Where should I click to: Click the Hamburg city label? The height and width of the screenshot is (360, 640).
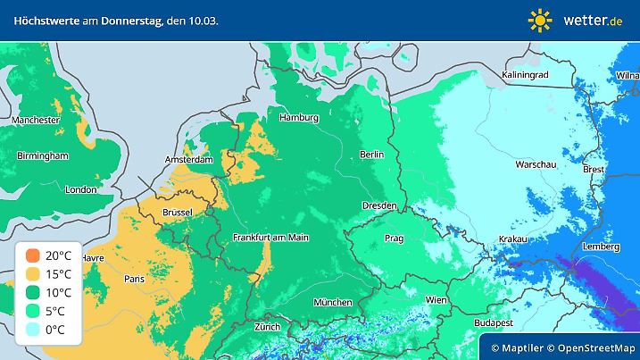point(299,118)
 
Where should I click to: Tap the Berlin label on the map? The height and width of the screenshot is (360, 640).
point(371,155)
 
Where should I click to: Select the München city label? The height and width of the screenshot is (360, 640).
point(331,302)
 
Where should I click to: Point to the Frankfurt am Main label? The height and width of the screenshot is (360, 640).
point(270,237)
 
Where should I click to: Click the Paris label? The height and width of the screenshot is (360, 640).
point(135,279)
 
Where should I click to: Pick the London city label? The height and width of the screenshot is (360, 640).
point(80,189)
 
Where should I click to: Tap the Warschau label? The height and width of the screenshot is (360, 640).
point(536,164)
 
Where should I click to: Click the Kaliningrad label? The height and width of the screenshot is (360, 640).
point(524,75)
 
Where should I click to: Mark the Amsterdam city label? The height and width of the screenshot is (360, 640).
point(189,160)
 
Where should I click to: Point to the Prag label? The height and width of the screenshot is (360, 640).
point(394,239)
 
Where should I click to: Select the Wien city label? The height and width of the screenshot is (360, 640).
point(436,299)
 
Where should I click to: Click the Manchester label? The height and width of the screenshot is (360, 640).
point(36,120)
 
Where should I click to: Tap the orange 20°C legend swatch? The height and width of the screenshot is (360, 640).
point(32,255)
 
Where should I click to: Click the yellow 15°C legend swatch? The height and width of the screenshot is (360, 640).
point(32,273)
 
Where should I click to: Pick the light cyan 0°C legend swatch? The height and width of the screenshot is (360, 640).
point(32,329)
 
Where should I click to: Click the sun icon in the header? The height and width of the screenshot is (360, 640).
point(540,20)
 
